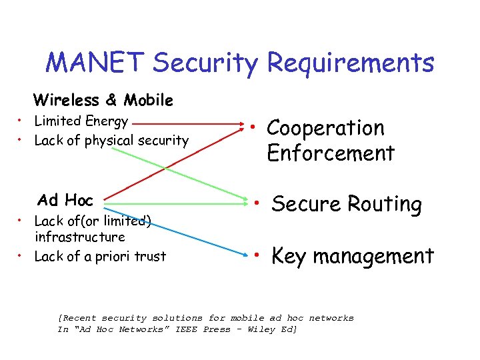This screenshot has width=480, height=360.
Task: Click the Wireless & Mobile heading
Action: coord(103,100)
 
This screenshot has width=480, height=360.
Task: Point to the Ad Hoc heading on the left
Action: coord(65,200)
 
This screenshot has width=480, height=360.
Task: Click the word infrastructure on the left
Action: coord(79,237)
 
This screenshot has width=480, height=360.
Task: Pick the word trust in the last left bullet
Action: coord(150,256)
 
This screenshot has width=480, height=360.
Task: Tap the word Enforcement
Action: coord(331,153)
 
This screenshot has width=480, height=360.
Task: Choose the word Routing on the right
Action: coord(384,205)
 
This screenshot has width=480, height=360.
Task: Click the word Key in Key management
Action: coord(289,256)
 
